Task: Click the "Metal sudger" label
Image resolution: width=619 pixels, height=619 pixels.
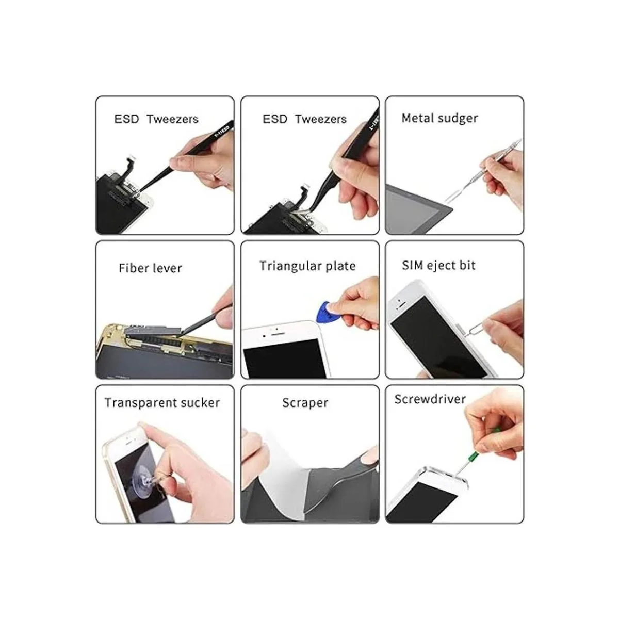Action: (x=439, y=119)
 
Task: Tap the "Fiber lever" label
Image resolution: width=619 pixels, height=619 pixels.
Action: (x=150, y=268)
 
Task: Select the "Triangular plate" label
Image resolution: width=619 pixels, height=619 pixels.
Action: (x=307, y=266)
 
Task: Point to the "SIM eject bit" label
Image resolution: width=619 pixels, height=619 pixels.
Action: (x=438, y=266)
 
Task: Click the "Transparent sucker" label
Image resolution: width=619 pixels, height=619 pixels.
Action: (x=162, y=403)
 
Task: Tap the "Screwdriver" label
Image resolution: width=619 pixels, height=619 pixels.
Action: (x=430, y=399)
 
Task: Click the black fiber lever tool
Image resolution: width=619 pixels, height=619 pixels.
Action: (x=202, y=319)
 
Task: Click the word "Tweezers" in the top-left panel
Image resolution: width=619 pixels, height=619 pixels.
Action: (x=172, y=120)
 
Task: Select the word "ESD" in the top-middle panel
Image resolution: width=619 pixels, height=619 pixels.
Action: (x=274, y=120)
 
